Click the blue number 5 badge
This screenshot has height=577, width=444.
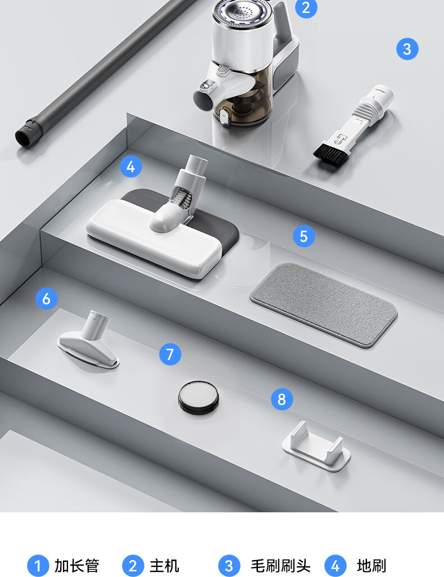304,236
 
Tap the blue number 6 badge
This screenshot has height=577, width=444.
46,299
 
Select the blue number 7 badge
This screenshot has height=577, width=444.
170,354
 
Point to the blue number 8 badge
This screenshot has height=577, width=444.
282,399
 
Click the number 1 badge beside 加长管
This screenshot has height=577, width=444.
38,566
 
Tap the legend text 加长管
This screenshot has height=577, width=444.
77,566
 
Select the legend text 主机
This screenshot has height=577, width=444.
164,566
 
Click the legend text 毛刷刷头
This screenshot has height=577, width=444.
280,566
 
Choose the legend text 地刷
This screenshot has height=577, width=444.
371,566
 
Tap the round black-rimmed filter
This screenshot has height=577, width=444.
198,398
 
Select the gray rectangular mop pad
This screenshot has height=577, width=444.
323,304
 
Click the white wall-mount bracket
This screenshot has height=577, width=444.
316,445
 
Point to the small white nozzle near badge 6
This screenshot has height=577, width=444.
89,341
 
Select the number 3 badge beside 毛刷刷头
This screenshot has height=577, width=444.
229,566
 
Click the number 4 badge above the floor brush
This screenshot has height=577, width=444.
131,166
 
